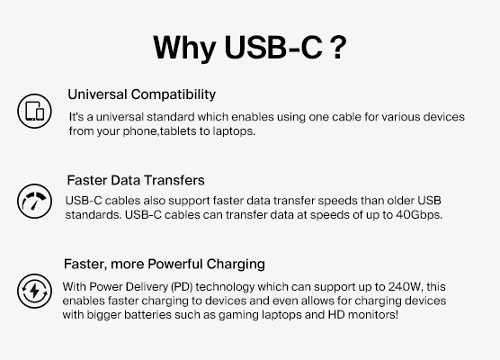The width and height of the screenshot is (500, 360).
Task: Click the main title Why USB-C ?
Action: [249, 46]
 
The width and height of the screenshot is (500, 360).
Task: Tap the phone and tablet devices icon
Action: [34, 111]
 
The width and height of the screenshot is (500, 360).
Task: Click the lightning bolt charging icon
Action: [34, 291]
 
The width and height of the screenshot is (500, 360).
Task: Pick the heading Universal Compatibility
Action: [141, 94]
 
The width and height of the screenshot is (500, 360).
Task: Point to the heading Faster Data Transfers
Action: [136, 180]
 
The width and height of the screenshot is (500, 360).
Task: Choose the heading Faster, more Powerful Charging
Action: [164, 264]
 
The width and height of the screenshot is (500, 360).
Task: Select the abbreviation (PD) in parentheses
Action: [186, 287]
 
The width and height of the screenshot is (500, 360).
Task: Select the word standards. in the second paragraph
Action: [94, 214]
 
